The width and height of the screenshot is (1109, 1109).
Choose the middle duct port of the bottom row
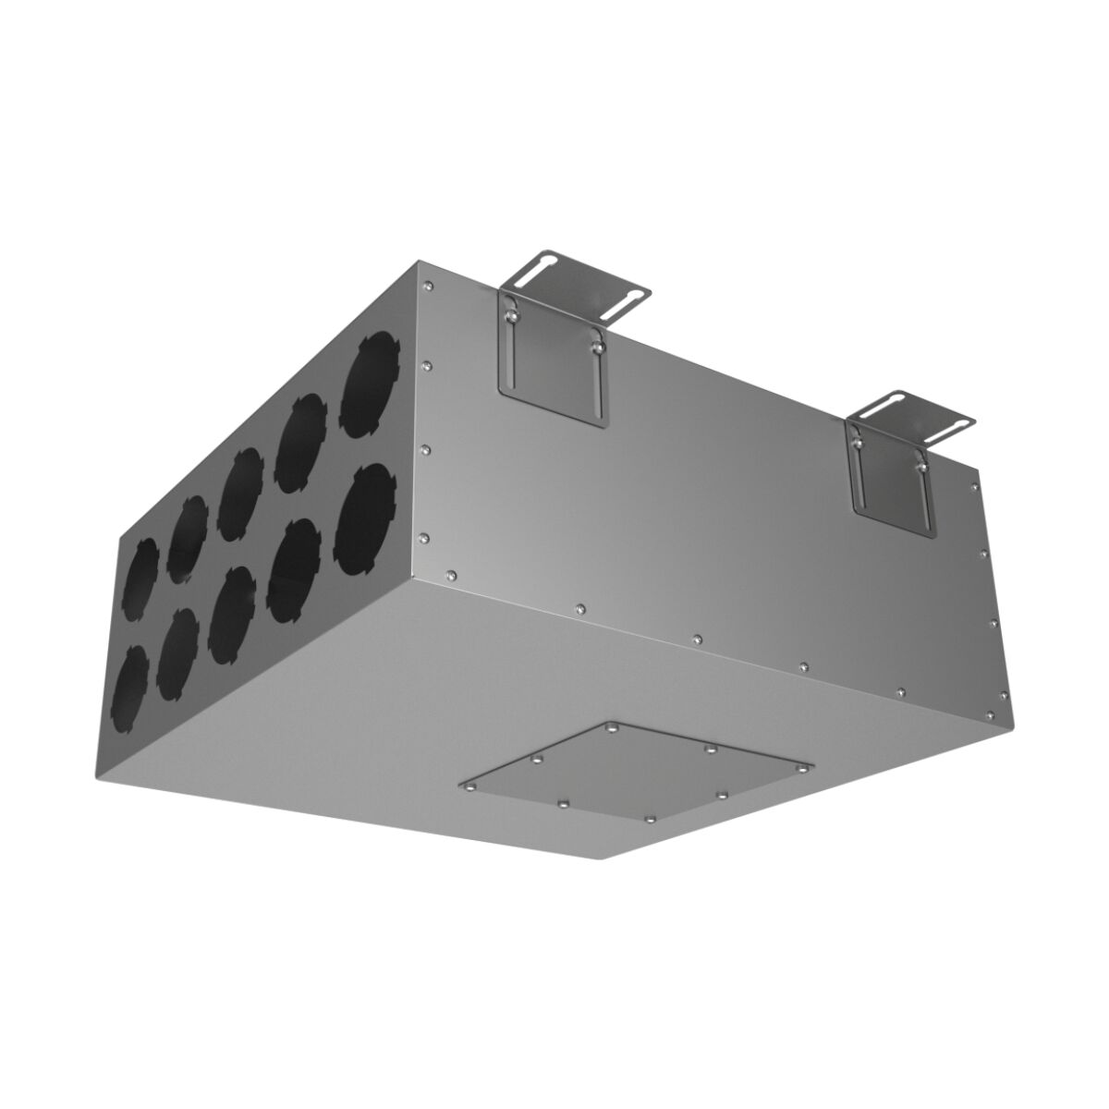(x=231, y=615)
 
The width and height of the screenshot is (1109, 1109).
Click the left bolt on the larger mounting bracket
(x=507, y=316)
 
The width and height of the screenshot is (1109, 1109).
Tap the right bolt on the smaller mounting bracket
(x=920, y=468)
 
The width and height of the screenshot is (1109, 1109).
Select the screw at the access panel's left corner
(x=470, y=786)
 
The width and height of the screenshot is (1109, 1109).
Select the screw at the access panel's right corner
(x=810, y=767)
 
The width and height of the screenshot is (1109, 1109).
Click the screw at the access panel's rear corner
(x=614, y=728)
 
